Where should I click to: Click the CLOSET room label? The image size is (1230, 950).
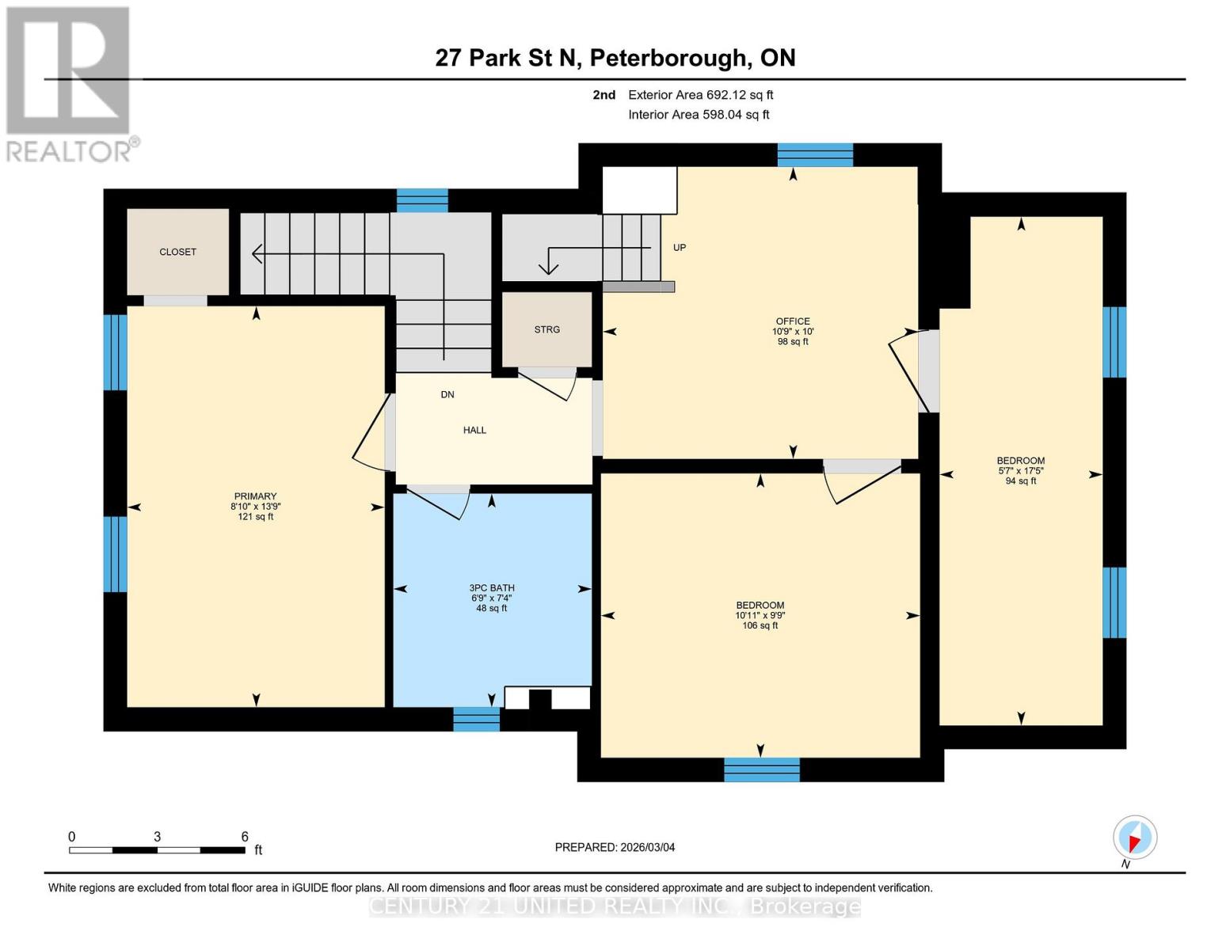(177, 252)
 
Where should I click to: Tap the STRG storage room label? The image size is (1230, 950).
(546, 329)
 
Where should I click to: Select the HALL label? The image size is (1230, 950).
(474, 430)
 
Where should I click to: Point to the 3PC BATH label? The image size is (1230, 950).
(492, 588)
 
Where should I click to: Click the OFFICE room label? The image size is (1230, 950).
(793, 321)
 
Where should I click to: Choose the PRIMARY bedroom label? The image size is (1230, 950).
(255, 496)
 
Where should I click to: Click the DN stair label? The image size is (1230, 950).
(447, 394)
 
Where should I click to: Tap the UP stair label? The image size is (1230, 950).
(680, 248)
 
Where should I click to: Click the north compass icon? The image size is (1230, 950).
(1135, 838)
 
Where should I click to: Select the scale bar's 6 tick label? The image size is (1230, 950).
(245, 837)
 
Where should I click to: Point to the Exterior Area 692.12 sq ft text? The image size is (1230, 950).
(700, 95)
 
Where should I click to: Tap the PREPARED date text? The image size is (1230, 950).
(615, 847)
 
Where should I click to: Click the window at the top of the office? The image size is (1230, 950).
(815, 155)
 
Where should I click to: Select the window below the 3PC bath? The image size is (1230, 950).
(476, 719)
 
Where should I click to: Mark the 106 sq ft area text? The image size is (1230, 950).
(760, 625)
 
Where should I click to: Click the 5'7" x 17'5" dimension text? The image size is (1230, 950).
(1021, 470)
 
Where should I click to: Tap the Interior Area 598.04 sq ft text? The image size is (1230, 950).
(699, 115)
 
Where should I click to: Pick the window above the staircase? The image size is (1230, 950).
(422, 201)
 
